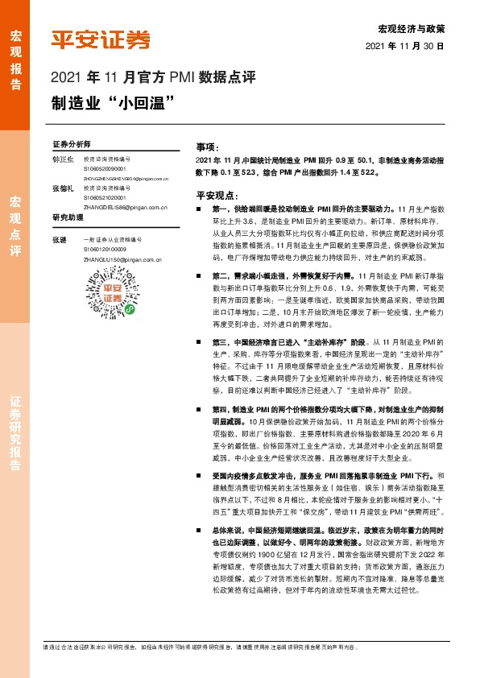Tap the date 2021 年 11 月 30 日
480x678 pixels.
[x=411, y=47]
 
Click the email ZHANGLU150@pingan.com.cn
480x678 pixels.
[x=122, y=260]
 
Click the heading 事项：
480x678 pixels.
[x=208, y=148]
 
